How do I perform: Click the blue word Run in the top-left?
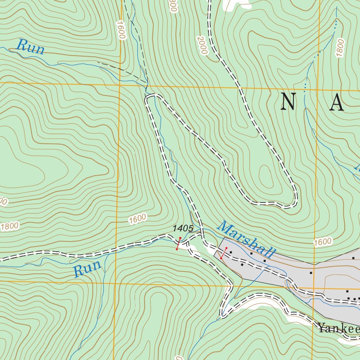click(31, 47)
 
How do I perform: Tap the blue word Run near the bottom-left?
click(87, 269)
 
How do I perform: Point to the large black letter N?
click(287, 103)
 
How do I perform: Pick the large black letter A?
click(336, 103)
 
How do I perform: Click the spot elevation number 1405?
click(183, 229)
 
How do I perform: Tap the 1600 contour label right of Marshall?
click(322, 242)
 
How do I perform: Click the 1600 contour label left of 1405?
click(137, 219)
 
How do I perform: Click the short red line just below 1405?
click(179, 244)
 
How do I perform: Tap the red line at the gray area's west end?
click(224, 253)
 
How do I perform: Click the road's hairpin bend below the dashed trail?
click(151, 96)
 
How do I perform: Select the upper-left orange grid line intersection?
click(120, 84)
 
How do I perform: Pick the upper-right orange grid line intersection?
click(319, 89)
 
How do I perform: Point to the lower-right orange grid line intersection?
click(314, 288)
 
